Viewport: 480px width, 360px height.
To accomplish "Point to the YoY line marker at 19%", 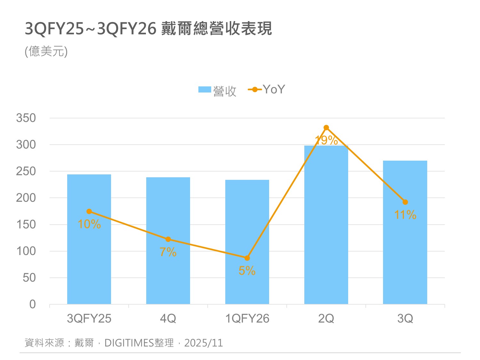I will [x=326, y=128].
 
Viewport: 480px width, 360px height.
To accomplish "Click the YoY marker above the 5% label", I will [x=247, y=258].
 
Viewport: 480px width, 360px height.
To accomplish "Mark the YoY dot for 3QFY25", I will [x=89, y=212].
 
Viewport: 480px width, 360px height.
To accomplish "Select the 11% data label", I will [x=405, y=215].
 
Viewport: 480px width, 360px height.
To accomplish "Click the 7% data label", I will [x=168, y=252].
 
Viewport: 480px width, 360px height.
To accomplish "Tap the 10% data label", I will [x=89, y=224].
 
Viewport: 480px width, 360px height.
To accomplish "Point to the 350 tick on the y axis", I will [x=26, y=118].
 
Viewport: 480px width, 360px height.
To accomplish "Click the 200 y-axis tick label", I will [x=26, y=198].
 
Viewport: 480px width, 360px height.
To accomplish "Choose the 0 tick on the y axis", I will [x=32, y=304].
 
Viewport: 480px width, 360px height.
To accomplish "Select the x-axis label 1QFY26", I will [x=247, y=319].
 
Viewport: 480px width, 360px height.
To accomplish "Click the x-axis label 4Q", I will [x=168, y=319].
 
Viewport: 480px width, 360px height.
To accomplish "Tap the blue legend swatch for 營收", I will [x=204, y=90].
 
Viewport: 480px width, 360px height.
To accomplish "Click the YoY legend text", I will [x=274, y=90].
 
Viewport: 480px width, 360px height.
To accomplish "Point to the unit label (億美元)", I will [x=46, y=52].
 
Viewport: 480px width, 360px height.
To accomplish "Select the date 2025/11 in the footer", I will [x=204, y=343].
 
